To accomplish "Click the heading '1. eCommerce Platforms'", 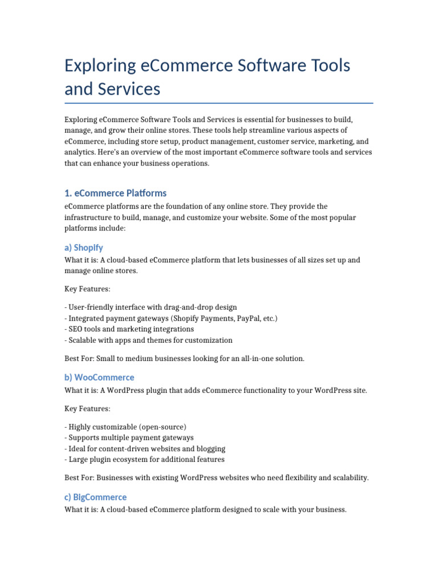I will [115, 193].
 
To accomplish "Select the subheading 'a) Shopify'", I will [83, 248].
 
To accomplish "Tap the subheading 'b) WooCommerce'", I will [99, 378].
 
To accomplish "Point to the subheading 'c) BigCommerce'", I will [95, 497].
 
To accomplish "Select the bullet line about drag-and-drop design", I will [151, 307].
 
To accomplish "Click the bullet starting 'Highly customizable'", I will [125, 427].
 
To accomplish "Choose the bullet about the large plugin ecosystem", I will [144, 460].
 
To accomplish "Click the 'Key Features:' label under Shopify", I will [87, 290].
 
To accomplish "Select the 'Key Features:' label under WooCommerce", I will [87, 409].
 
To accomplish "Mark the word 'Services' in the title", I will [129, 90].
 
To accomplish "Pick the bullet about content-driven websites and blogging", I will [145, 449].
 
